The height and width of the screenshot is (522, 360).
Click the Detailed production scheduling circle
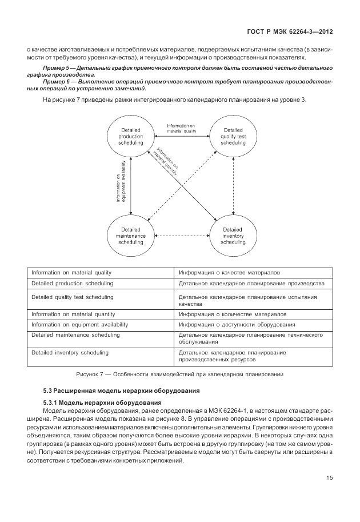(131, 137)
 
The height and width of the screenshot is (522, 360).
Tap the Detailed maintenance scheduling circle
(131, 236)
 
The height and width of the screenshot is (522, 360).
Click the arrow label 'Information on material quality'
(181, 128)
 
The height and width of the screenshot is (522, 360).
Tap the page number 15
(330, 478)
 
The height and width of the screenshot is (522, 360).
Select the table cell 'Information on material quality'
(71, 272)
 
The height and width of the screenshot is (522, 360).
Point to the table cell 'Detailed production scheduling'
(72, 283)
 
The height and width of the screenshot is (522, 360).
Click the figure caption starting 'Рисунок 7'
(180, 374)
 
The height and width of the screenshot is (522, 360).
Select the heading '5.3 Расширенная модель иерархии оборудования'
(121, 392)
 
